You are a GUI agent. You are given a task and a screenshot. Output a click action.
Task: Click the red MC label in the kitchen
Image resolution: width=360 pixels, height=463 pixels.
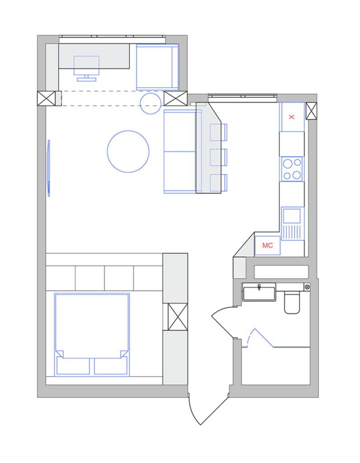[267, 246]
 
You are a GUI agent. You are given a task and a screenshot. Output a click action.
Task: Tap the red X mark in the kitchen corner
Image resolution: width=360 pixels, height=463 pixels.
[291, 117]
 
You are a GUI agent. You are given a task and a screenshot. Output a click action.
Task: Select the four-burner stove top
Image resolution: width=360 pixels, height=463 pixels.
[292, 169]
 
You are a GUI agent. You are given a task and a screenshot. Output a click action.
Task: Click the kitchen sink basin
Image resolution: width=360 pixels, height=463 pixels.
[292, 216]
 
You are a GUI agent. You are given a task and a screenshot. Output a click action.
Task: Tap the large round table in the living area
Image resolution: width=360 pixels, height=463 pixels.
[128, 151]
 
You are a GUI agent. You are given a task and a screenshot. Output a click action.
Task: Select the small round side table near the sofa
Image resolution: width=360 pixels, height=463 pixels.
[150, 104]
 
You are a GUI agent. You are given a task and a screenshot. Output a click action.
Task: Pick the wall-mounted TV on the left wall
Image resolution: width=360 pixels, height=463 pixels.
[49, 168]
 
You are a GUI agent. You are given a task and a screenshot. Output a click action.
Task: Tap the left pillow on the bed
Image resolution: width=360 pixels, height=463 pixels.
[73, 366]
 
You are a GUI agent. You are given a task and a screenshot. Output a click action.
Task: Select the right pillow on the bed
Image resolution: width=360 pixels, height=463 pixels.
[111, 366]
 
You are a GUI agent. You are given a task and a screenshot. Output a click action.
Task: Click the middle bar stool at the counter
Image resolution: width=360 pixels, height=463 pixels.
[219, 157]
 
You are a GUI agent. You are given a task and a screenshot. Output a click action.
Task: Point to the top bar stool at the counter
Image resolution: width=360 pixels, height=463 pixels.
[219, 132]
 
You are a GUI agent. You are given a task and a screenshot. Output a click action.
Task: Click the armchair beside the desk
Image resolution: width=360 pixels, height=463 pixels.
[157, 67]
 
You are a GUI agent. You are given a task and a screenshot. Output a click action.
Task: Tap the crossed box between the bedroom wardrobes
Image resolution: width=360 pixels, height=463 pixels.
[178, 317]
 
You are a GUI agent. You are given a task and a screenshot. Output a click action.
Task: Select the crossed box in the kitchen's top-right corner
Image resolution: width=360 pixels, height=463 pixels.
[311, 111]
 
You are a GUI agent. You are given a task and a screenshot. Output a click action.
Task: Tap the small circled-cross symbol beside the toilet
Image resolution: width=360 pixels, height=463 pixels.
[307, 287]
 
